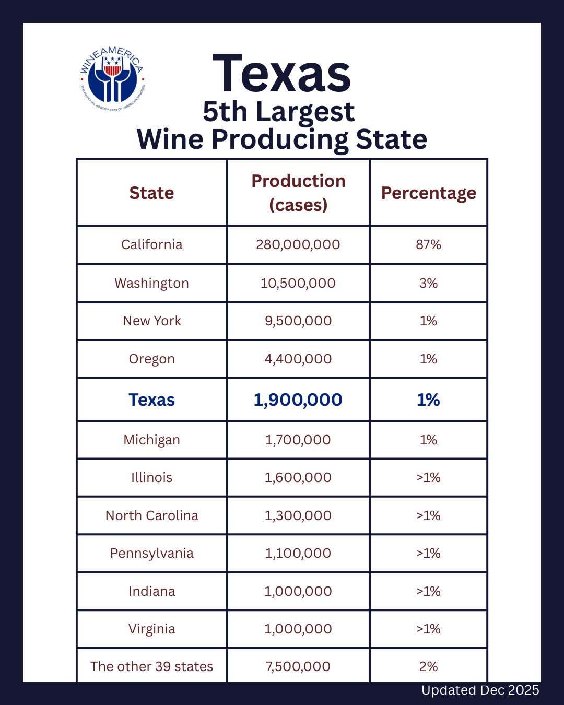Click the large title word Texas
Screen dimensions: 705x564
282,75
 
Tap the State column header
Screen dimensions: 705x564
151,193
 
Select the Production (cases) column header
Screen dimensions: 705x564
298,193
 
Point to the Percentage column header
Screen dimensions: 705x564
428,193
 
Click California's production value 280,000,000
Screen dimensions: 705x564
298,244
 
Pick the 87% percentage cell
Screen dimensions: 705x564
428,244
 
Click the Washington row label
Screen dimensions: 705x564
151,283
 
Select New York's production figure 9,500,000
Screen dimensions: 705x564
298,321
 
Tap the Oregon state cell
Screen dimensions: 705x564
151,359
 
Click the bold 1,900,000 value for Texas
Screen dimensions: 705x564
298,399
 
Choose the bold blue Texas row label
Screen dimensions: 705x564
151,399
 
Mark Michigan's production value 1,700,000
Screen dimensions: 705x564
298,440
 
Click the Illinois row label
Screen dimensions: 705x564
151,477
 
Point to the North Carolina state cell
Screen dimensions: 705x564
151,515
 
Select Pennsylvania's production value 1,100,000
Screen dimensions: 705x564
298,553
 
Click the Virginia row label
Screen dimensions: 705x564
151,629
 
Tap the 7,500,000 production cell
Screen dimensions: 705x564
298,666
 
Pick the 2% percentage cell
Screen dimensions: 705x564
428,666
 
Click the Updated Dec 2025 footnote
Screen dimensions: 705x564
480,690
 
